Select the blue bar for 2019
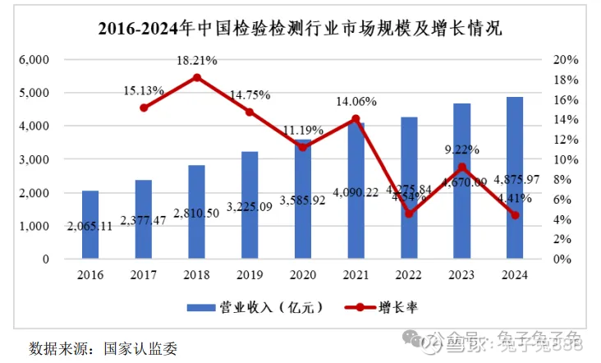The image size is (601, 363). pos(250,205)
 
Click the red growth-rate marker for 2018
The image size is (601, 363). pos(197,78)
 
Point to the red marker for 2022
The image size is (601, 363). pos(409,214)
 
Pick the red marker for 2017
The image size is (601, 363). pos(144,108)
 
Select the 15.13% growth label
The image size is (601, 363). pos(144,90)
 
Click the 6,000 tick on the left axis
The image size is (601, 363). pos(34,60)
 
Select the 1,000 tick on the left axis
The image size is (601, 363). pos(34,226)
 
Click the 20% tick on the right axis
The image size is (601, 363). pos(567,60)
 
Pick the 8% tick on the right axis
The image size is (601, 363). pos(564,179)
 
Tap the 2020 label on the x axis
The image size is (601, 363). pos(303,276)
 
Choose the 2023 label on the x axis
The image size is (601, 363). pos(462,276)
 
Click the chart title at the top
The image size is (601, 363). pos(300,29)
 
